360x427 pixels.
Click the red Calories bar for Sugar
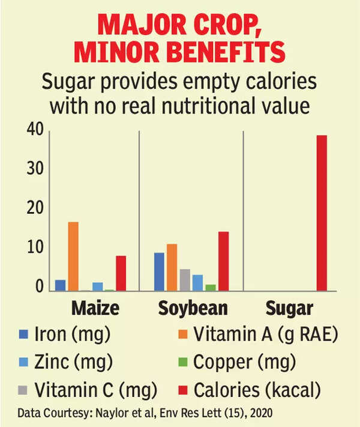(322, 213)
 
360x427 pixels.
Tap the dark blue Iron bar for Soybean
(159, 271)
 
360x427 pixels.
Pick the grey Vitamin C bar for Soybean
(185, 279)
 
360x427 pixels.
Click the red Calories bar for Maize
(121, 273)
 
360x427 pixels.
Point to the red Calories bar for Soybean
(223, 261)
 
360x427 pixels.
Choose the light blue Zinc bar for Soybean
(197, 282)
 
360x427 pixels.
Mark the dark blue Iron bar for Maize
(60, 285)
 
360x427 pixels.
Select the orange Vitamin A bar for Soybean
(172, 267)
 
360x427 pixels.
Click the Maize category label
(95, 309)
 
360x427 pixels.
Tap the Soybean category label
(193, 309)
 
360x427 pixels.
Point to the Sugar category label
(289, 309)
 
